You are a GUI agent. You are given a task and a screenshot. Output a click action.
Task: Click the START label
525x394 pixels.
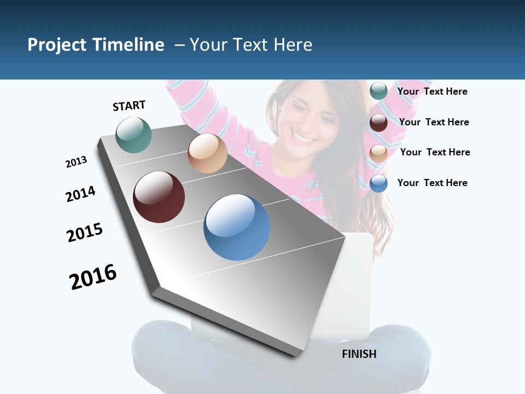(129, 106)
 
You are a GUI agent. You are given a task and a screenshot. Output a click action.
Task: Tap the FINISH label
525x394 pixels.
(359, 354)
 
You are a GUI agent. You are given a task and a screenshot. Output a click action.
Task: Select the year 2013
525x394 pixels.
(76, 162)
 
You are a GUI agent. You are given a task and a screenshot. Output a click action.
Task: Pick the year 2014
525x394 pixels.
(80, 194)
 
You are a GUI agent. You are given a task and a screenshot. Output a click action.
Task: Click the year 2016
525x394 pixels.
(93, 276)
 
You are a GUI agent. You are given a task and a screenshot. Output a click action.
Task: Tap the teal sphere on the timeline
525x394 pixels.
(133, 135)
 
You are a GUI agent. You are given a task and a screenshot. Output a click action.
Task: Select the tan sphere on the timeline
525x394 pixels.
(207, 153)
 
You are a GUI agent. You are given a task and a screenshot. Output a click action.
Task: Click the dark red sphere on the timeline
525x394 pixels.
(159, 197)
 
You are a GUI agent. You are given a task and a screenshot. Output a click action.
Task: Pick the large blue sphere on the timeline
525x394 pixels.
(237, 227)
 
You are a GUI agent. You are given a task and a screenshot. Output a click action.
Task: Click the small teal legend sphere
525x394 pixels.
(378, 91)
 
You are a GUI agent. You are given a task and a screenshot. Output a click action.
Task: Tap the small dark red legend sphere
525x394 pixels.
(378, 123)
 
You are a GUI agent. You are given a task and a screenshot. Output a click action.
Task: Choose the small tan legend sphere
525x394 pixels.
(378, 153)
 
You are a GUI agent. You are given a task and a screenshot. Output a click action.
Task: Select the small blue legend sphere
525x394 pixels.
(378, 183)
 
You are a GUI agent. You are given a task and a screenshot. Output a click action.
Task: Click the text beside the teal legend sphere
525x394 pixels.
(432, 91)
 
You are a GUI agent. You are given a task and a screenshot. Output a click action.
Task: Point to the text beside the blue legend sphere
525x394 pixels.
(432, 183)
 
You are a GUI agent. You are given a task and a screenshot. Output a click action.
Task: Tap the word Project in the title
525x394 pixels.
(57, 45)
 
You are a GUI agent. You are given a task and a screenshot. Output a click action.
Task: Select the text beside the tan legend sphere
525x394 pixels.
(435, 152)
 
